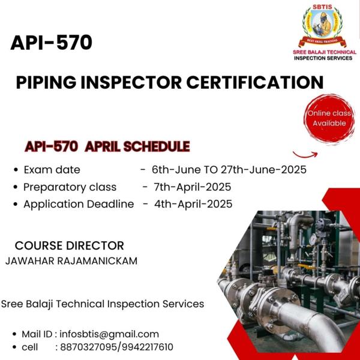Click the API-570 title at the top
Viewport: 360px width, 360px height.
51,43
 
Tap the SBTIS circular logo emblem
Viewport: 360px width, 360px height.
322,25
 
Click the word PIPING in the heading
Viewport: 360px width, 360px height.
46,82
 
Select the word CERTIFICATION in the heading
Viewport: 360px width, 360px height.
255,82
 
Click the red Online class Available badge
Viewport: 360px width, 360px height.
329,118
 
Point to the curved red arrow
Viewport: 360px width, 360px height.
305,155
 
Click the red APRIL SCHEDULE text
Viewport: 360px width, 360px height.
137,146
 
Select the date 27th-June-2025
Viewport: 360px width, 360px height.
263,170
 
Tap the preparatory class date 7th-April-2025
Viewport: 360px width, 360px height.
193,187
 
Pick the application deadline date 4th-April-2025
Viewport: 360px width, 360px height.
193,204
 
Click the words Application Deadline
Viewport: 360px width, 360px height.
79,204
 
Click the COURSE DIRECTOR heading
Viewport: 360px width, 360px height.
70,245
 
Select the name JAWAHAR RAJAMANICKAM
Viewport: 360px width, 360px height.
71,261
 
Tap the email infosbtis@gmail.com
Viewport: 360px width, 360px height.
109,334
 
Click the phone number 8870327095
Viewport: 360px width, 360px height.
88,347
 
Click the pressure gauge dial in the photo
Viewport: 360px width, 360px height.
313,239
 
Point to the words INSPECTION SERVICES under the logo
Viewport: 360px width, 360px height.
323,58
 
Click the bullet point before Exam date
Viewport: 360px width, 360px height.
16,170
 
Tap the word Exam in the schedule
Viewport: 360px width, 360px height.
38,170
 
